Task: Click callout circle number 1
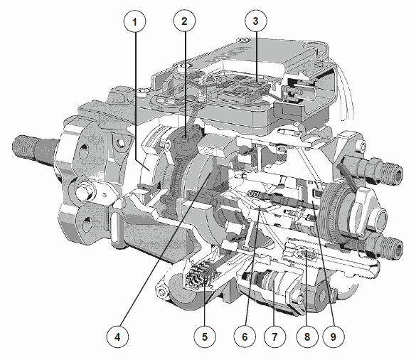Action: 135,21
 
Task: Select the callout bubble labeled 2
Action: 185,21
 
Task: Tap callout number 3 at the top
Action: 256,21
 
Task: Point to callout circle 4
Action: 117,337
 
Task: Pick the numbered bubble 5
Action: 205,337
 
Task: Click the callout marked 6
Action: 245,337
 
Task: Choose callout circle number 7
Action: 275,337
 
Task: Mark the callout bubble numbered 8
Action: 307,337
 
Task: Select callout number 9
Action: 334,337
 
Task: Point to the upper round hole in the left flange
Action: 84,149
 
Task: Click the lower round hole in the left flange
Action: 87,225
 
